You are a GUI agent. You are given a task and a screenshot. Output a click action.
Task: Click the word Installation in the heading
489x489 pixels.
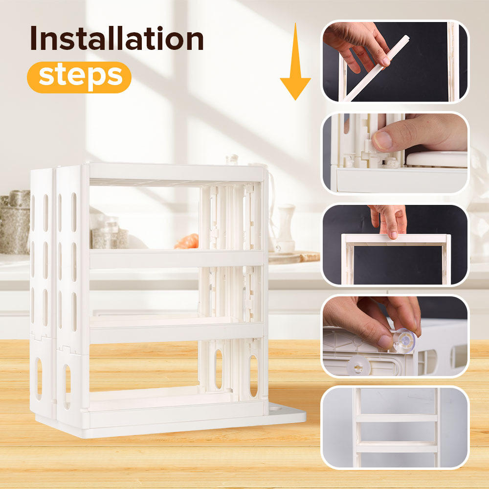(116, 40)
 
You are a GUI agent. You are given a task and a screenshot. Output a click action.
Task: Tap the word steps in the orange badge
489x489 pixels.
(80, 77)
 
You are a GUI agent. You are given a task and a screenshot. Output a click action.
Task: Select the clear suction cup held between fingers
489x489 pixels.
(404, 338)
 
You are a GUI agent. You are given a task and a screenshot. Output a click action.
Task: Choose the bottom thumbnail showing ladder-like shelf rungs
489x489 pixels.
(395, 427)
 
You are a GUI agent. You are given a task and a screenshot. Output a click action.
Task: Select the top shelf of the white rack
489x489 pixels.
(176, 174)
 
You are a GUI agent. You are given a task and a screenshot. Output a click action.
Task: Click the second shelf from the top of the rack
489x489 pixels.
(176, 258)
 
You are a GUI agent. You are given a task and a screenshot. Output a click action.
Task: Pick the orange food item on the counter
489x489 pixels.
(188, 241)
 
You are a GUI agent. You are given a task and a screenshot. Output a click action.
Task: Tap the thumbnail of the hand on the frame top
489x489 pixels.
(395, 245)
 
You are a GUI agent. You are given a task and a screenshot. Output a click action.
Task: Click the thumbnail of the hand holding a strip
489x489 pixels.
(395, 61)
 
